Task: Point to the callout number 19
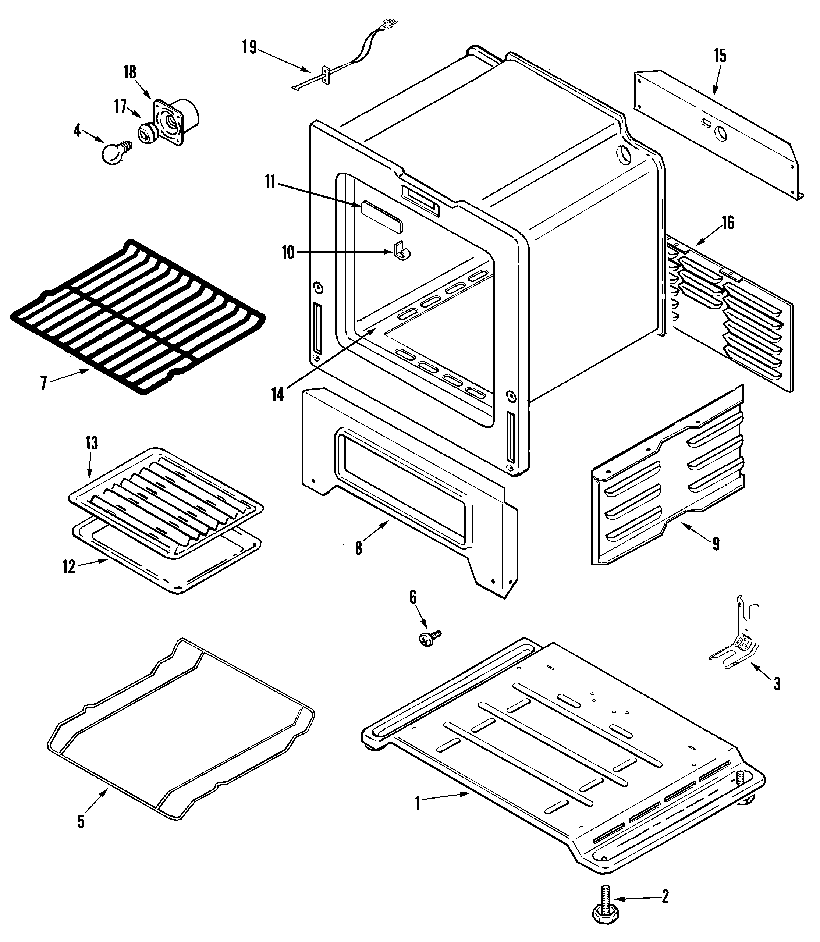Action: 249,47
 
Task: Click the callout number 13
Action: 92,443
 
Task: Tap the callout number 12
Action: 69,567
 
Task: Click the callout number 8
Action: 359,548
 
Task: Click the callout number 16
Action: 728,223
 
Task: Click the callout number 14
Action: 278,394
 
